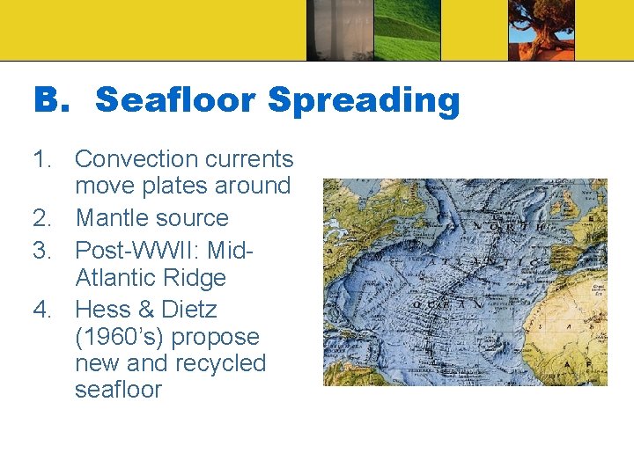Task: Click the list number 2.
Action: (x=44, y=218)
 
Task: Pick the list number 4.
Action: (x=44, y=310)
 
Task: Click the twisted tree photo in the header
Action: (x=541, y=30)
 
